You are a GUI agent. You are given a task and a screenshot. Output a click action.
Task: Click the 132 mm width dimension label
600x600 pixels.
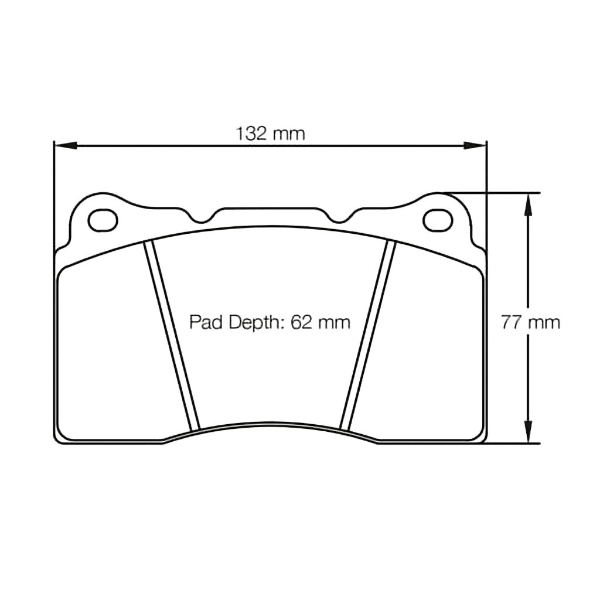270,134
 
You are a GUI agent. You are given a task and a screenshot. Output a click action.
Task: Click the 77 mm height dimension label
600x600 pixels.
530,322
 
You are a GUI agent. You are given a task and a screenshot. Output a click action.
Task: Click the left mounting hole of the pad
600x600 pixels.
103,220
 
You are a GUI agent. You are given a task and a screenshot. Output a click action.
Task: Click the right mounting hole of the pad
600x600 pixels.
438,220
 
